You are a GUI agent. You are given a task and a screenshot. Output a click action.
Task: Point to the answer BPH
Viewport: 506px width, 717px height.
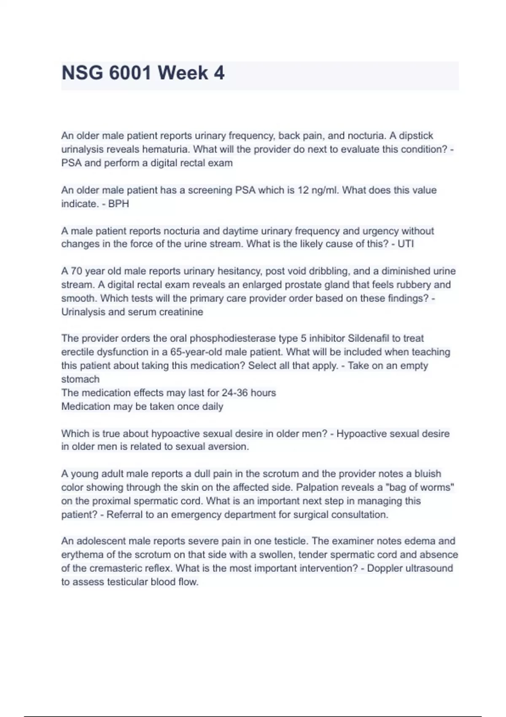tap(118, 204)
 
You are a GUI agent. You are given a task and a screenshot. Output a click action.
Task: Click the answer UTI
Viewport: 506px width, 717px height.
tap(406, 244)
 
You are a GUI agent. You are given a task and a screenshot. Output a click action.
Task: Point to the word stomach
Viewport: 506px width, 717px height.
tap(81, 379)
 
